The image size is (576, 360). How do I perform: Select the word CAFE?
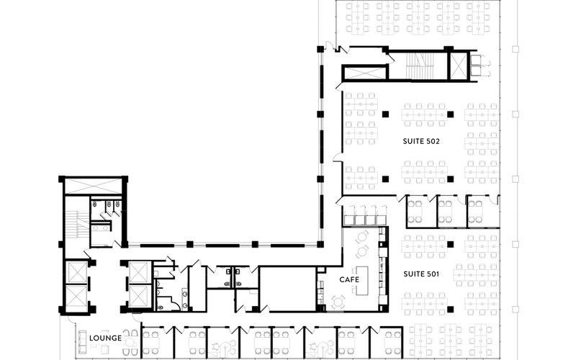pyautogui.click(x=349, y=279)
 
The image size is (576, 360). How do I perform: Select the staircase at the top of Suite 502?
pyautogui.click(x=417, y=66)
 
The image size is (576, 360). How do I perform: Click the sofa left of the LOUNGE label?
pyautogui.click(x=79, y=338)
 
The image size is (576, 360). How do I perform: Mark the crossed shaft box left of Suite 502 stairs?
pyautogui.click(x=365, y=73)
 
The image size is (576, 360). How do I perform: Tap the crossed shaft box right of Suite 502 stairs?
pyautogui.click(x=458, y=66)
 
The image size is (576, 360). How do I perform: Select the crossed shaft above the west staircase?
pyautogui.click(x=95, y=186)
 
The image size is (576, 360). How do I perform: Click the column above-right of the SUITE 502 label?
pyautogui.click(x=450, y=113)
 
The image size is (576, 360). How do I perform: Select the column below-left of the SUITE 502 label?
pyautogui.click(x=385, y=178)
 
